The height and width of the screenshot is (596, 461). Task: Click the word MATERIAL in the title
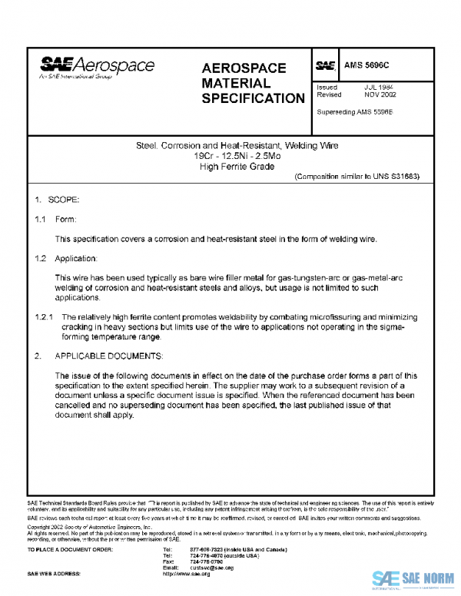pos(236,83)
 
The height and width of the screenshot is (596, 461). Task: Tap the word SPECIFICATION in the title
pos(254,98)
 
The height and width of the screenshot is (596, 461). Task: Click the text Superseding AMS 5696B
pos(355,112)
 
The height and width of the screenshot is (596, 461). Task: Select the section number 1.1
pos(40,220)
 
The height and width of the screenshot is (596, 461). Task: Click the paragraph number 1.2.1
pos(44,316)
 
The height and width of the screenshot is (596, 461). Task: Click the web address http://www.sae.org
pos(187,574)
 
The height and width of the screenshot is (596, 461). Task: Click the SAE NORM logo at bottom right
pos(413,578)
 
